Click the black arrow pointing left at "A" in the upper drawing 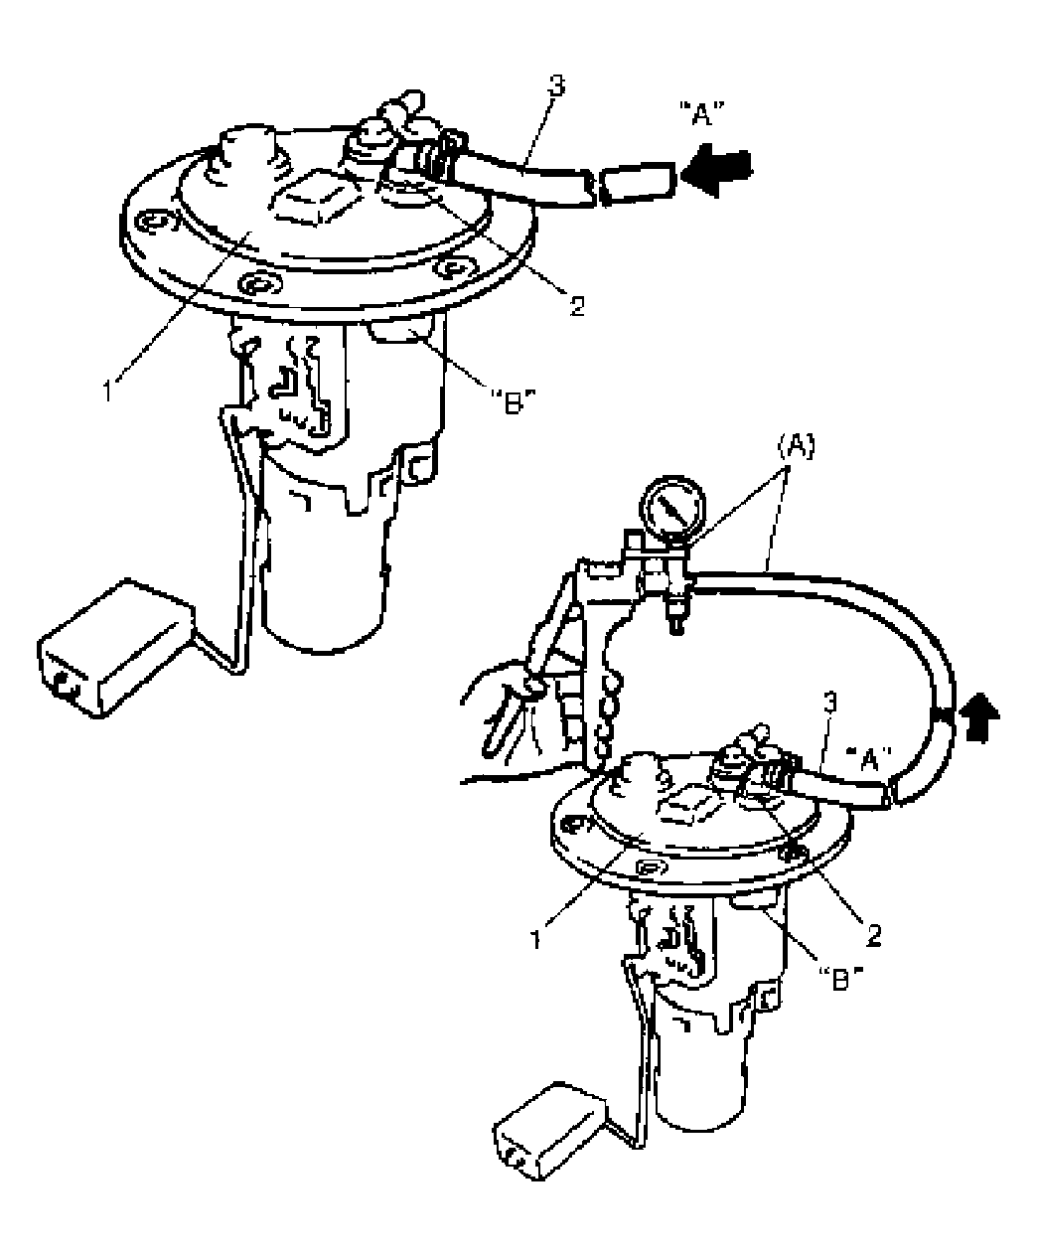pos(716,172)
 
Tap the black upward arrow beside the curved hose pos(979,717)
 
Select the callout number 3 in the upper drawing pos(556,86)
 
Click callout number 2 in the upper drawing pos(576,307)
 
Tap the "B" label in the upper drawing pos(513,401)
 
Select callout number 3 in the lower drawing pos(830,705)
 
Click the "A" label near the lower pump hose pos(868,759)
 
